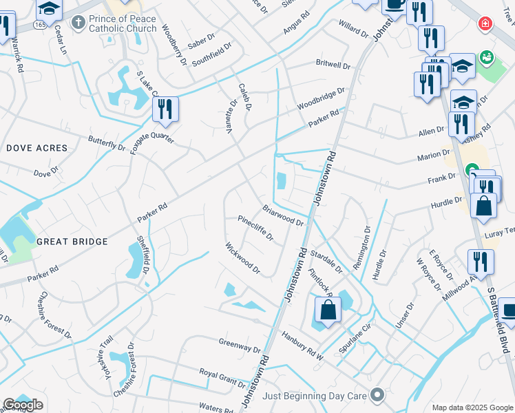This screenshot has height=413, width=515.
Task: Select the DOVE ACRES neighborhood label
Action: [37, 148]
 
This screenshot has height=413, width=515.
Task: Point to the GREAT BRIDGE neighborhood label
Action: [72, 242]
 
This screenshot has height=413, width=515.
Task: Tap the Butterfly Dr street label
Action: [107, 143]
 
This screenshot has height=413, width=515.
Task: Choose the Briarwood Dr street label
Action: [282, 215]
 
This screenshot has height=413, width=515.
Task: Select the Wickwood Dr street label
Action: [242, 257]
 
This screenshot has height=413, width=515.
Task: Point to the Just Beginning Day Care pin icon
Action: [377, 395]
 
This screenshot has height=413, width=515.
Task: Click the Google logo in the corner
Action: [23, 405]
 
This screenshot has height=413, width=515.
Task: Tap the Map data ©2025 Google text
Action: [472, 407]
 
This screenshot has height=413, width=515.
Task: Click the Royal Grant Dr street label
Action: [222, 379]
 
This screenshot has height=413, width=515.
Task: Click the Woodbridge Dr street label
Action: [320, 100]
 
